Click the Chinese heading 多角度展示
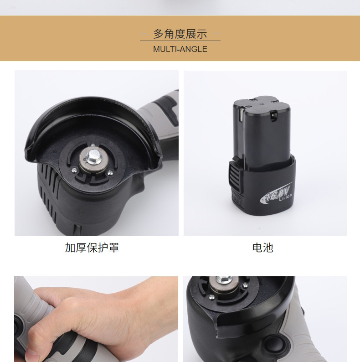[x=180, y=34]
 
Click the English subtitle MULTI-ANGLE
[x=180, y=49]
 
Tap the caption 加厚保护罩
[x=92, y=248]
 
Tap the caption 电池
[x=262, y=248]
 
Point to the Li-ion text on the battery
[x=285, y=197]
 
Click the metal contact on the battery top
[x=241, y=115]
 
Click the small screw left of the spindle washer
[x=74, y=170]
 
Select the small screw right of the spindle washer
[x=110, y=172]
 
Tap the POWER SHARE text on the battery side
[x=237, y=197]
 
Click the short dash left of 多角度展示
[x=143, y=34]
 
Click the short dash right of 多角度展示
[x=217, y=34]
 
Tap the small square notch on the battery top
[x=273, y=115]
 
